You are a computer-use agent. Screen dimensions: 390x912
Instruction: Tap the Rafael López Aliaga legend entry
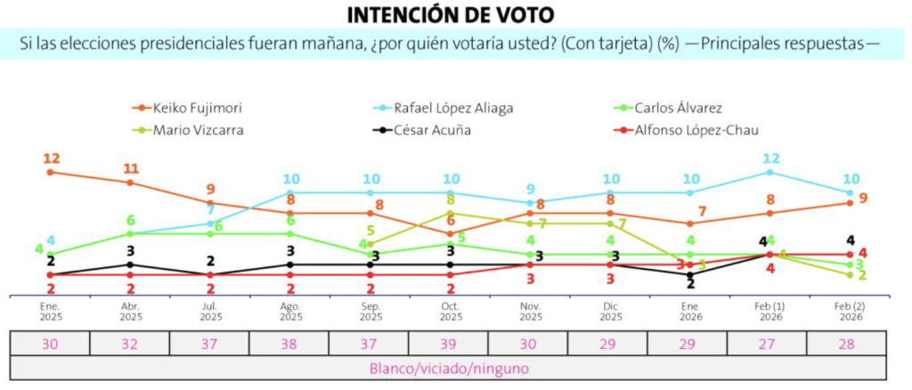click(x=452, y=109)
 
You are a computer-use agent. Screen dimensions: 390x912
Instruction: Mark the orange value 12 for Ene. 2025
click(x=51, y=158)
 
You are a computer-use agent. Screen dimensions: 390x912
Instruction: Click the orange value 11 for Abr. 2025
click(x=131, y=168)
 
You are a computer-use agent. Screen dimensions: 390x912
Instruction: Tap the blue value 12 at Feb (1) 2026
click(x=770, y=158)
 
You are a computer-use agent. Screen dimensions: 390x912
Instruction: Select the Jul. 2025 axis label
click(x=211, y=311)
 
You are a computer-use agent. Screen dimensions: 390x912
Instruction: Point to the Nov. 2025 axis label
click(x=531, y=311)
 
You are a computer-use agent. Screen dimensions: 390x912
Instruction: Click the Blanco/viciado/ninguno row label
click(x=449, y=368)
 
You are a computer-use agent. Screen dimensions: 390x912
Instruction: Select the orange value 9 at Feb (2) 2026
click(x=864, y=198)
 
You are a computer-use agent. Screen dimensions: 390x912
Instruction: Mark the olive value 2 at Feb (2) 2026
click(x=862, y=275)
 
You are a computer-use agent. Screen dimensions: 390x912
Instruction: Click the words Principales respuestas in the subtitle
click(x=783, y=43)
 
